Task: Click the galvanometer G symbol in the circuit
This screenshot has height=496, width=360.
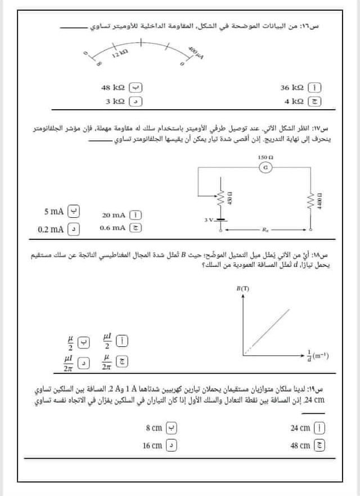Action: coord(265,168)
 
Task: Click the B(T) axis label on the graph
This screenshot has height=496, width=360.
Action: coord(243,288)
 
